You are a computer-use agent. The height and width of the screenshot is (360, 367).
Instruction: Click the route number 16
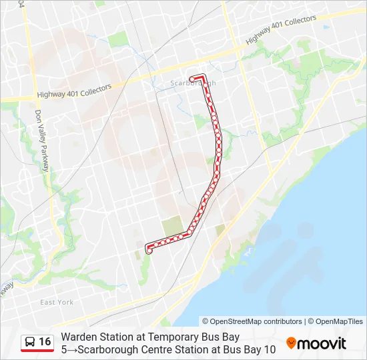[x=45, y=341]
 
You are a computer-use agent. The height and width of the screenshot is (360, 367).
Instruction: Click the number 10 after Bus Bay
[x=269, y=349]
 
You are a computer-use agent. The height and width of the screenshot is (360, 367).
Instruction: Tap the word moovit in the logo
[x=322, y=343]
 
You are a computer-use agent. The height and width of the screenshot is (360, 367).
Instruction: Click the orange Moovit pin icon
[x=291, y=343]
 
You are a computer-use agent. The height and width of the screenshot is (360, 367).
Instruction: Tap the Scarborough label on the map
[x=193, y=83]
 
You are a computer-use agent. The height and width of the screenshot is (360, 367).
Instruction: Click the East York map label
[x=57, y=302]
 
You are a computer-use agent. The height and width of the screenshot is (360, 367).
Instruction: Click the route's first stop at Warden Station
[x=149, y=251]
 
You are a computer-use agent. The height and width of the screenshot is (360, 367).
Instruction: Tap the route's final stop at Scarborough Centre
[x=192, y=79]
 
